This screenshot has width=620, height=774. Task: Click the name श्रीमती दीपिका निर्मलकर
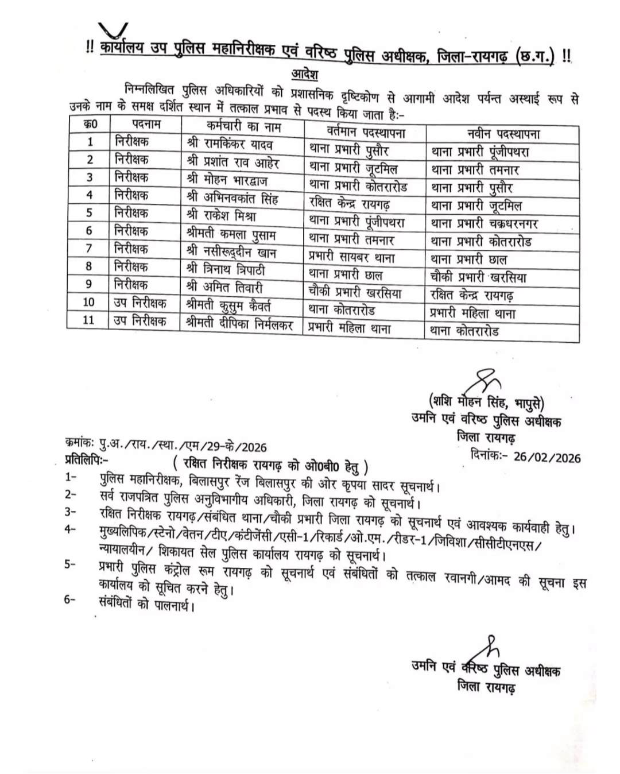pyautogui.click(x=240, y=324)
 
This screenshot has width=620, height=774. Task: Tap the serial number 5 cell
pyautogui.click(x=89, y=213)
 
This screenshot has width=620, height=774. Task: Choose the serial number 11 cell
pyautogui.click(x=88, y=320)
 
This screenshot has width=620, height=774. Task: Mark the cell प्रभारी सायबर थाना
pyautogui.click(x=351, y=258)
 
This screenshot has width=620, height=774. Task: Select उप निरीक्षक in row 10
pyautogui.click(x=140, y=302)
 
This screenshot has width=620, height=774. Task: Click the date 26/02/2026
pyautogui.click(x=547, y=457)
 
